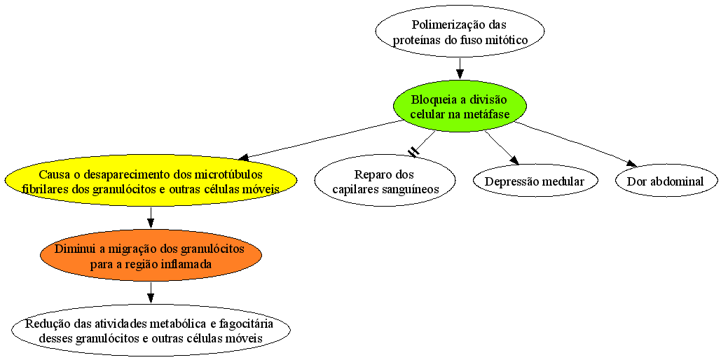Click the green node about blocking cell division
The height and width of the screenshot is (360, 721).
460,106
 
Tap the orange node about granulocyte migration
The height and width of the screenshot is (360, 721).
151,255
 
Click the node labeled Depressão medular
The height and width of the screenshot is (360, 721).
536,181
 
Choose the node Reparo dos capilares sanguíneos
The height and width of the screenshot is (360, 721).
385,180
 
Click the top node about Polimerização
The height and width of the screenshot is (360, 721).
460,32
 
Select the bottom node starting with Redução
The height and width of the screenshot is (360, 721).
151,330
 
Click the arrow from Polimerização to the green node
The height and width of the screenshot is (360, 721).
460,69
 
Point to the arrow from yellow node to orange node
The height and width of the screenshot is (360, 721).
151,218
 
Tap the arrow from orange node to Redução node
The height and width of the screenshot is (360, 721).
151,293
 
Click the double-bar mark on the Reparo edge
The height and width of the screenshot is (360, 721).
414,152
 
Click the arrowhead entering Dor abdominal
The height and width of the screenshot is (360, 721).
631,163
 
